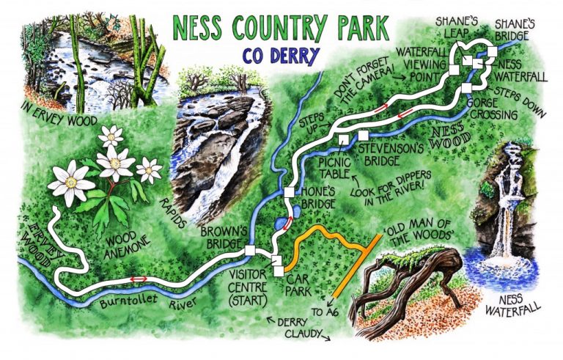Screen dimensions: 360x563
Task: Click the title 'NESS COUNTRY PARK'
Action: pyautogui.click(x=279, y=28)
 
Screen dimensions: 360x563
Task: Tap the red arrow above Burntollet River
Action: pyautogui.click(x=139, y=279)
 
